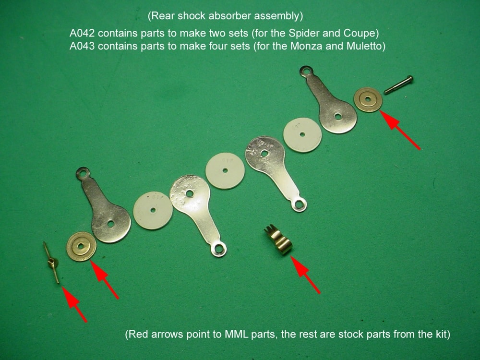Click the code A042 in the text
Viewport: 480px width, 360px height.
[x=82, y=33]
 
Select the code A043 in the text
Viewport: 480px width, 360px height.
[x=82, y=46]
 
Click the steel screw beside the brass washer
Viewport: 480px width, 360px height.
[x=398, y=85]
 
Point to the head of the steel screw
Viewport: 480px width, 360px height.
[x=410, y=79]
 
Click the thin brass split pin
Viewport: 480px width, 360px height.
[x=51, y=263]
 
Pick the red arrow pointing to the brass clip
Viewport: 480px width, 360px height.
[x=305, y=275]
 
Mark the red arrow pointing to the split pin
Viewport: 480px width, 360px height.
[x=75, y=304]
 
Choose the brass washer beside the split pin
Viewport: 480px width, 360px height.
[x=81, y=246]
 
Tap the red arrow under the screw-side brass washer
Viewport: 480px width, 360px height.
[x=400, y=130]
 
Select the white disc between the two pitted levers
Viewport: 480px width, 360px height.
[x=225, y=170]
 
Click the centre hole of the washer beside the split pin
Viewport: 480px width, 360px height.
[x=81, y=246]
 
